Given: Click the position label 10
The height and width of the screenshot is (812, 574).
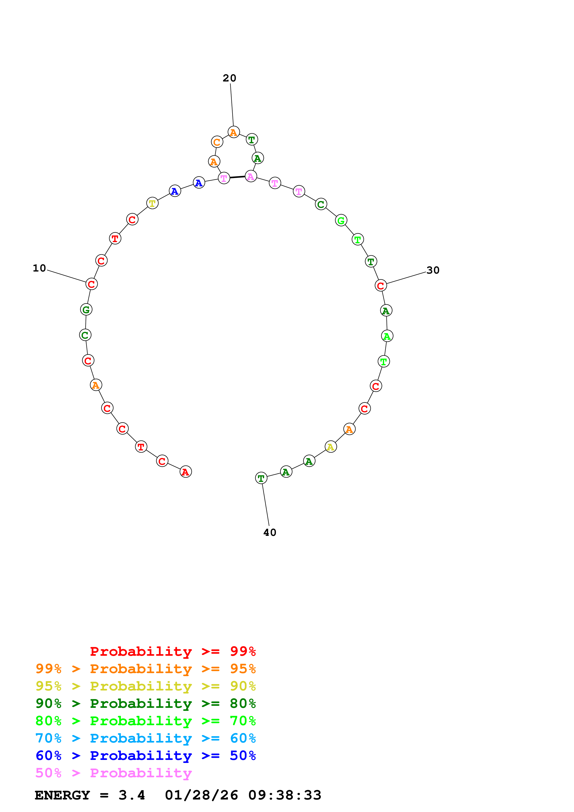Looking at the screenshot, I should (39, 269).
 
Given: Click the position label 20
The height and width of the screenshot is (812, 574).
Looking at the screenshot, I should (229, 78).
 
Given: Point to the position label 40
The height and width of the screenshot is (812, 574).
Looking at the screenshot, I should (270, 533).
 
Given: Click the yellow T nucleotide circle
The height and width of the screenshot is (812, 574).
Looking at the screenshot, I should (152, 203).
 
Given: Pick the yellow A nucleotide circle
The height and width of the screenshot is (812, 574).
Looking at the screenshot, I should (331, 447).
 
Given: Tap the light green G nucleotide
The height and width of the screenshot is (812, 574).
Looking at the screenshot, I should (341, 220).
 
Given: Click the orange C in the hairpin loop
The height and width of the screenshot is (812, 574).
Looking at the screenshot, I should (217, 142).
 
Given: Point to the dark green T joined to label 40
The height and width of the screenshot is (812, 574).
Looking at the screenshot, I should (261, 478).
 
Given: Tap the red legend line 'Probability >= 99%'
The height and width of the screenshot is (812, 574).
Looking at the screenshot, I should (173, 651).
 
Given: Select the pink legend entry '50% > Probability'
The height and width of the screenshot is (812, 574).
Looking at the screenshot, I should (113, 773).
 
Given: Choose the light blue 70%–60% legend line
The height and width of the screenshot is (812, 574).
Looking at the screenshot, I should (145, 738).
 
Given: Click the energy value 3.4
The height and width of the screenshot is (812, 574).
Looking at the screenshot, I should (132, 795).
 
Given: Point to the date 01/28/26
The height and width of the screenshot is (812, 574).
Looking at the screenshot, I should (201, 795).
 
